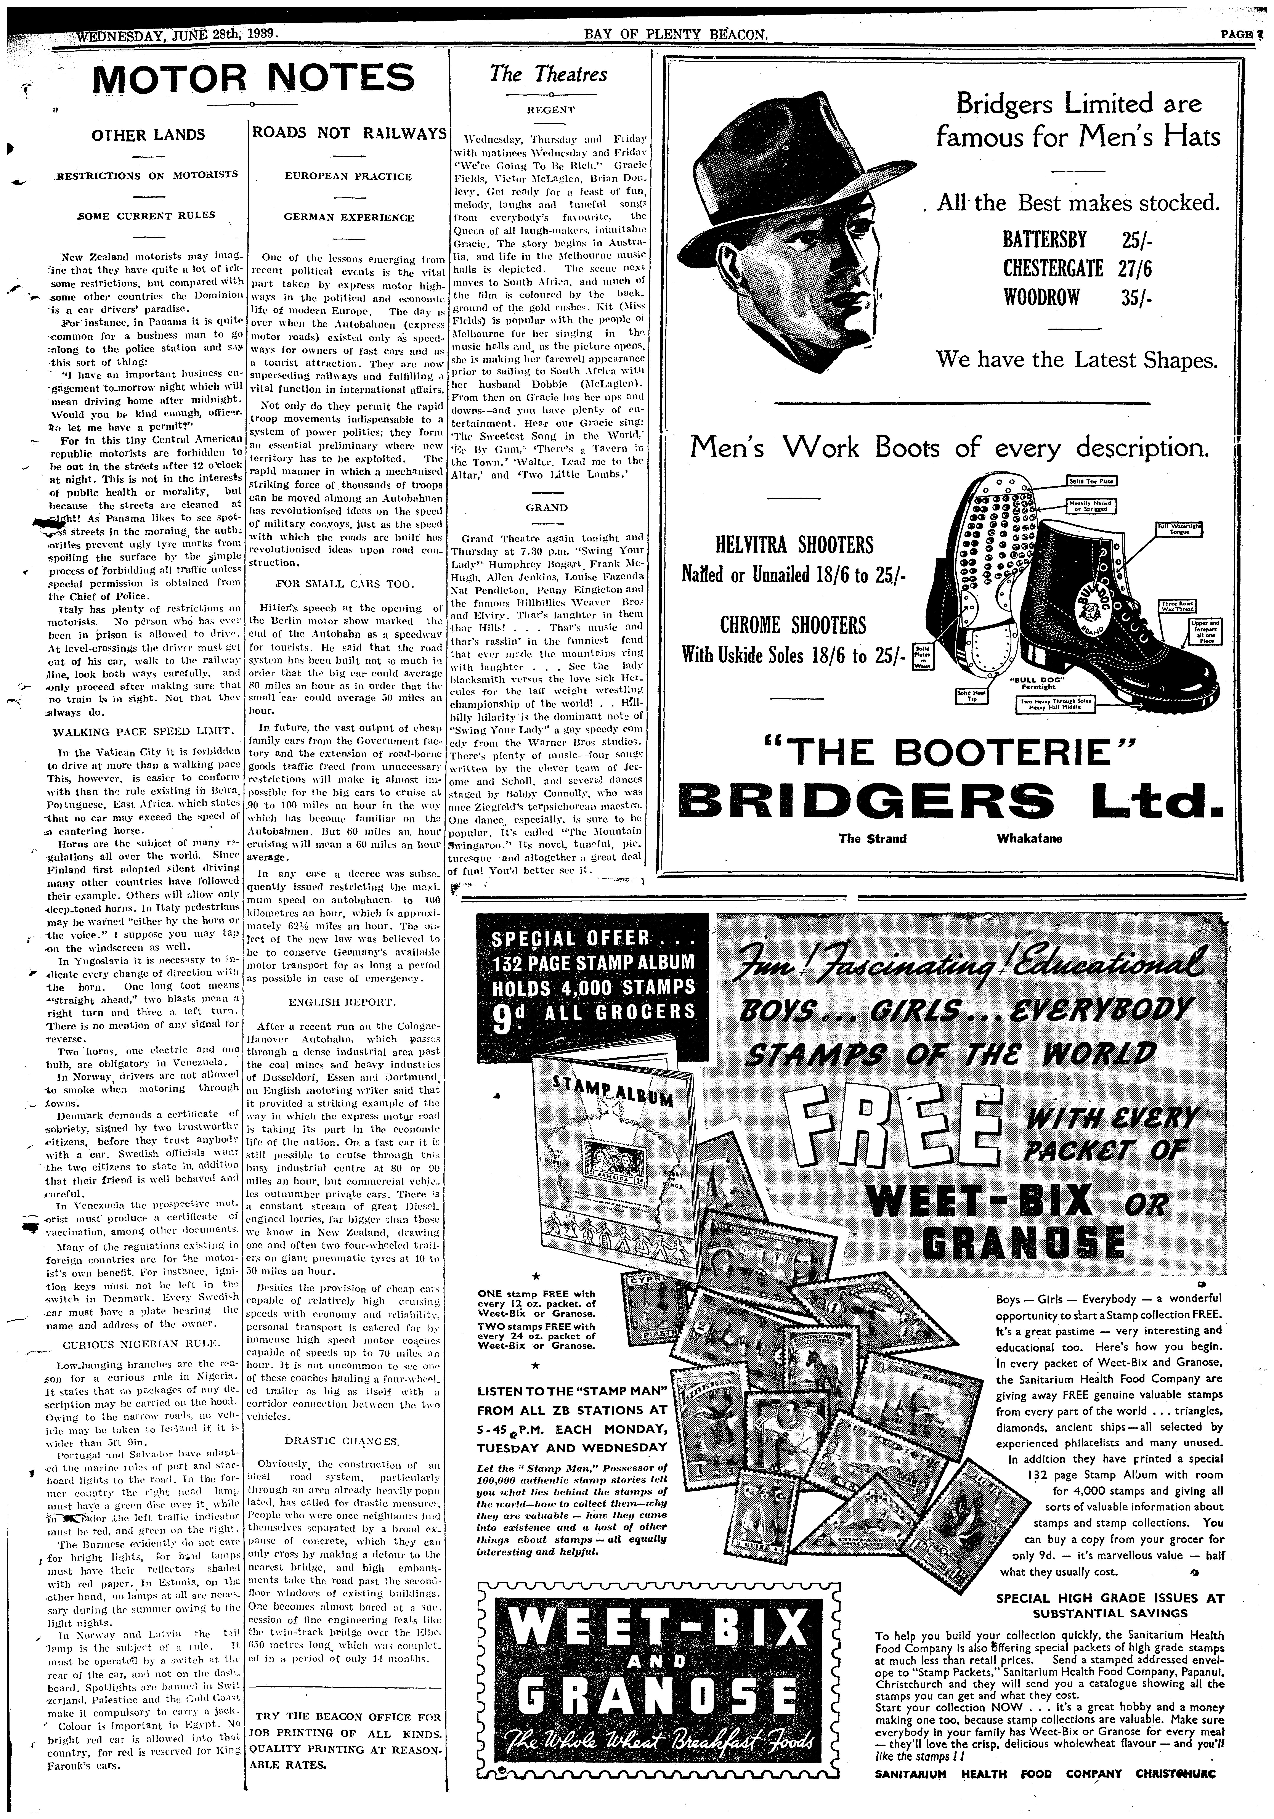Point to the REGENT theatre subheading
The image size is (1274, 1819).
click(x=551, y=110)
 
